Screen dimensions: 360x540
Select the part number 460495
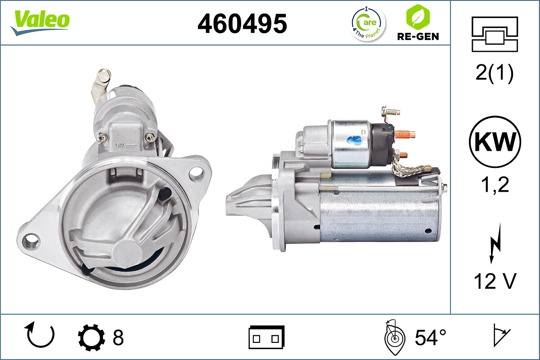click(x=242, y=23)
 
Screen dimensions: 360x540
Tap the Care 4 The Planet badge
click(x=368, y=23)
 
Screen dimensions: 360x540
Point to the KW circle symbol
click(x=495, y=142)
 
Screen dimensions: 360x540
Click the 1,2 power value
click(x=495, y=184)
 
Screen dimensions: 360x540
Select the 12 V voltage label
click(x=495, y=281)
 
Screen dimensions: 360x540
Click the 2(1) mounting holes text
click(x=495, y=73)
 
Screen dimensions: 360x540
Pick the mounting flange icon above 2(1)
click(x=495, y=34)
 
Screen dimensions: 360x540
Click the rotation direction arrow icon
click(x=40, y=335)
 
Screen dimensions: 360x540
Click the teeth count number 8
click(x=118, y=337)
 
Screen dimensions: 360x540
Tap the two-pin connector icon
click(x=266, y=337)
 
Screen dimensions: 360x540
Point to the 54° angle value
click(x=430, y=337)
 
